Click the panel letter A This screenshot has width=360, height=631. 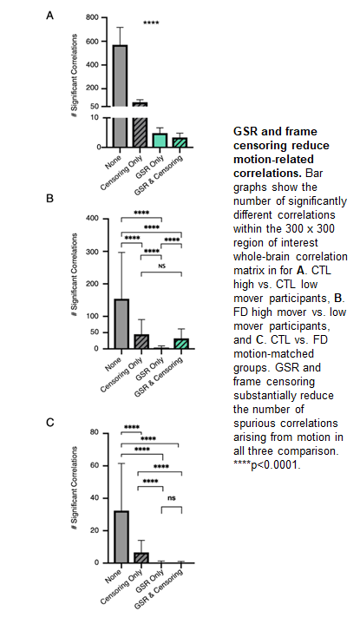tap(49, 16)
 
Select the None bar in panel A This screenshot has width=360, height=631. tap(121, 95)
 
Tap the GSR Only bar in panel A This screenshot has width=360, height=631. tap(160, 141)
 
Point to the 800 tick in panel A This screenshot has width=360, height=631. tap(94, 17)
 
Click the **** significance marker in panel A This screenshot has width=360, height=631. tap(151, 23)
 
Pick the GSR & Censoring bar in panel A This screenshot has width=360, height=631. tap(180, 142)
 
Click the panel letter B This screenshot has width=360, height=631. tap(49, 199)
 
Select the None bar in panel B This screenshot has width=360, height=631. tap(121, 324)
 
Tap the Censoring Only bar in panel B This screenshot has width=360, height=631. tap(141, 342)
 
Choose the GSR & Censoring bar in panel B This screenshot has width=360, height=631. tap(181, 344)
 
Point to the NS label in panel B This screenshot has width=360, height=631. tap(161, 266)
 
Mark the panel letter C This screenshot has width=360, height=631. tap(49, 423)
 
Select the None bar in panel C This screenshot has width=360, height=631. tap(121, 537)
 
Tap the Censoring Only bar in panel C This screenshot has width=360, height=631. tap(141, 558)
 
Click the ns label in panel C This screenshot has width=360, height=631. tap(172, 498)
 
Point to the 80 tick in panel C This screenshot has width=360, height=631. tap(98, 433)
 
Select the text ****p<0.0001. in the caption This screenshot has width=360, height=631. tap(266, 465)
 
